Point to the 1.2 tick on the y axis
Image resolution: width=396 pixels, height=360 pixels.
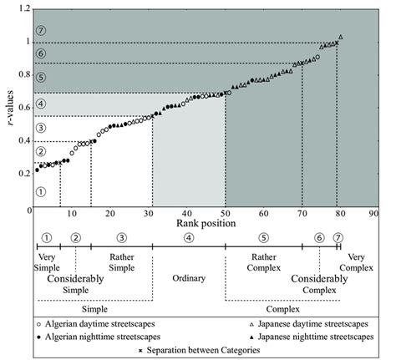click(24, 8)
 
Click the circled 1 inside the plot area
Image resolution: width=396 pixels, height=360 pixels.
click(40, 190)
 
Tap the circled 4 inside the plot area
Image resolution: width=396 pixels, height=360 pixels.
click(40, 104)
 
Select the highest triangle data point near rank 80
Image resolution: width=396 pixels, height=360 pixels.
click(340, 38)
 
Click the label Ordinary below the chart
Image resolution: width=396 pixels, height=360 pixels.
click(189, 277)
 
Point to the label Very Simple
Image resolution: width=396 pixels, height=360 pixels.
click(48, 262)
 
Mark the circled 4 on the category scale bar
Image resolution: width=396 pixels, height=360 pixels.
click(189, 237)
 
